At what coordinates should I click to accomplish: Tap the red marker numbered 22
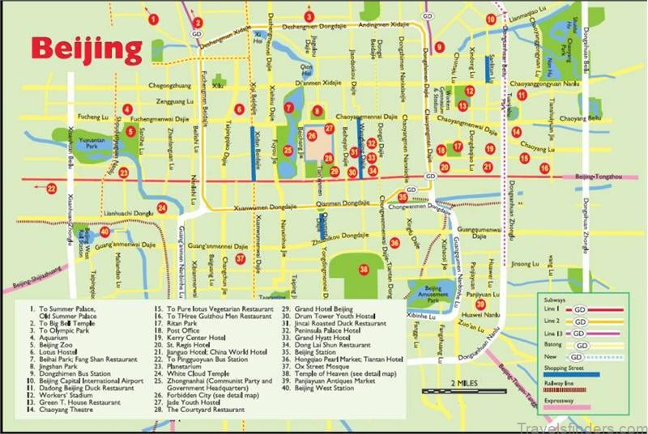tap(51, 189)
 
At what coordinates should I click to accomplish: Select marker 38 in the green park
tap(364, 269)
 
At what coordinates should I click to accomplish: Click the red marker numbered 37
tap(241, 258)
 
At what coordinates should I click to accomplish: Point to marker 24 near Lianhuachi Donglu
tap(162, 208)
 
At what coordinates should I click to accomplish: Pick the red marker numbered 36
tap(394, 242)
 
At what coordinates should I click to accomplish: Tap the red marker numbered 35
tap(403, 197)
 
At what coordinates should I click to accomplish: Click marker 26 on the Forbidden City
tap(312, 136)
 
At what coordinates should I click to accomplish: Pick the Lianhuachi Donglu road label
tap(130, 215)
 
